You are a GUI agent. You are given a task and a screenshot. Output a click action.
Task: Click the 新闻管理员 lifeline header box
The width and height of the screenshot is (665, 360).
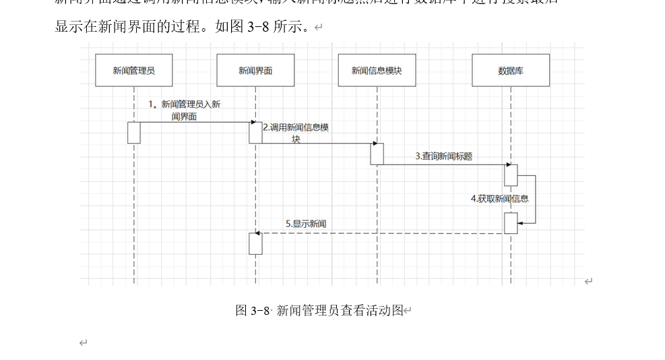point(133,70)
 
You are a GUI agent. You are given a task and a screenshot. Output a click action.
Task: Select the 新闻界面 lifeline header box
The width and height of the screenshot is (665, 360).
point(255,70)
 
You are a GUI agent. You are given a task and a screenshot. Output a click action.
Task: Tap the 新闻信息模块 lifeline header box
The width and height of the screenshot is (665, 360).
point(377,70)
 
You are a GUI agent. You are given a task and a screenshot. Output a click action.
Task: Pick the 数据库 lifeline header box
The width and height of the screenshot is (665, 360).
point(511,70)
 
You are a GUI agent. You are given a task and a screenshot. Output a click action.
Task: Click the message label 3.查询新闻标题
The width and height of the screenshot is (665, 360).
point(443,156)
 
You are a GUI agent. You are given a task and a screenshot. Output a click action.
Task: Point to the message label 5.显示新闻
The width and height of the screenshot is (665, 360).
point(306,224)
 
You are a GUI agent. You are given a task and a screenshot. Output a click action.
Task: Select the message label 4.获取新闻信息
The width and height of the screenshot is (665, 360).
point(499,199)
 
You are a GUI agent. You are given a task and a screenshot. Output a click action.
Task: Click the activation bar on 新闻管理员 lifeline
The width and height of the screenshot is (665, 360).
point(134,133)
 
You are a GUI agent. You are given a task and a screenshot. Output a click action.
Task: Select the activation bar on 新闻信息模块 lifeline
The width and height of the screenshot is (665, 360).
point(377,154)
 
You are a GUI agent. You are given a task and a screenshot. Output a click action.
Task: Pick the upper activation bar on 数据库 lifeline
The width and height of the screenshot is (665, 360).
point(511,175)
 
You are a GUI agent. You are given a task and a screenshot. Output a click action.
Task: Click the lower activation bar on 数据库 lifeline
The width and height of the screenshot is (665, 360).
point(511,223)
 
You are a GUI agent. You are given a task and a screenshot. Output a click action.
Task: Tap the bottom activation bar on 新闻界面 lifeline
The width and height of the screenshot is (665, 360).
point(255,243)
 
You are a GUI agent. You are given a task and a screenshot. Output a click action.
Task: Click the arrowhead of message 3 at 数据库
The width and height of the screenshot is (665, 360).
point(507,164)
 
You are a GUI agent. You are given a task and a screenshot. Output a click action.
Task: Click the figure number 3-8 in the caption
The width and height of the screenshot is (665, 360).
point(260,311)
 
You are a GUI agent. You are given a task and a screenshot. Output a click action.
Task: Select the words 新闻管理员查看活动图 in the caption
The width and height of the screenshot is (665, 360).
point(340,310)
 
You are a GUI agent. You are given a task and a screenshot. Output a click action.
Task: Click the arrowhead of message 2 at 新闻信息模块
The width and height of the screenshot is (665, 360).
point(374,144)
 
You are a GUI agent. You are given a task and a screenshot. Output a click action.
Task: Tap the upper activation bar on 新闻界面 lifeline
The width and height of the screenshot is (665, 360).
point(255,133)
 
